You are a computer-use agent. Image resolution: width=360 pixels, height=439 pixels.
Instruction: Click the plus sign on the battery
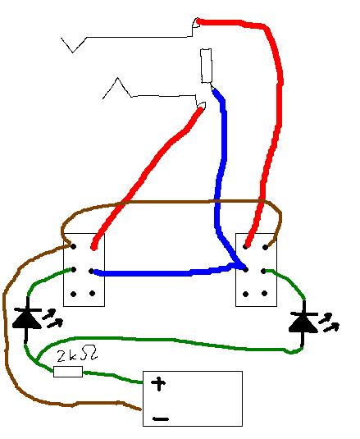tap(158, 383)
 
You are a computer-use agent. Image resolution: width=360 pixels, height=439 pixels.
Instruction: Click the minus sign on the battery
tap(161, 418)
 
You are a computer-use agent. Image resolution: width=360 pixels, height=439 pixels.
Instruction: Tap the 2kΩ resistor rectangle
tap(68, 372)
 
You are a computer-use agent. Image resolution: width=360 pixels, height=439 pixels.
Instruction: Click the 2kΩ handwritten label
tap(77, 354)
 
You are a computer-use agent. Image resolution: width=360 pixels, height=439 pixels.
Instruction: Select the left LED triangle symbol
tap(27, 318)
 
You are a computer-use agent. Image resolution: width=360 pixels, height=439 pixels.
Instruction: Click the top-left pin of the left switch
tap(74, 247)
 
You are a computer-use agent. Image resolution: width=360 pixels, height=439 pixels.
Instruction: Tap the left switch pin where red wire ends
tap(93, 248)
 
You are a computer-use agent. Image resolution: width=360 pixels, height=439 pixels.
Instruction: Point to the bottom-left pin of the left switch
tap(74, 294)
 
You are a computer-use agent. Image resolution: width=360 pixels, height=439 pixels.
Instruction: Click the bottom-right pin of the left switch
tap(93, 294)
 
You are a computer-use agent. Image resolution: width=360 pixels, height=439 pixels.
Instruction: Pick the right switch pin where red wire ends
tap(245, 247)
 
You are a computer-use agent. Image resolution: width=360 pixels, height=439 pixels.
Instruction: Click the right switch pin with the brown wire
tap(265, 248)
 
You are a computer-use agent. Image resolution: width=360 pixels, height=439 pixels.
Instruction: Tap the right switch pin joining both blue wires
tap(245, 270)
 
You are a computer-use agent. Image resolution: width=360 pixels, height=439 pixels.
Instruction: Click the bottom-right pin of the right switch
tap(265, 294)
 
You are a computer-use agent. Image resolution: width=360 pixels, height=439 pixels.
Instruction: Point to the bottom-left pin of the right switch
tap(245, 294)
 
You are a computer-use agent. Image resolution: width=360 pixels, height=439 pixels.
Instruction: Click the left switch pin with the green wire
tap(74, 270)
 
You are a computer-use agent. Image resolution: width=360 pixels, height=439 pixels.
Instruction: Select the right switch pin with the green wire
tap(263, 271)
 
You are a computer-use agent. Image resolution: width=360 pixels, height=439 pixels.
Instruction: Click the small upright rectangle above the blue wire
tap(206, 66)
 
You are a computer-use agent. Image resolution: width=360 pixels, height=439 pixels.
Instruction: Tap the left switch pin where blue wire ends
tap(91, 271)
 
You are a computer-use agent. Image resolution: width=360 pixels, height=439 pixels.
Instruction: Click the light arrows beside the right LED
tap(329, 322)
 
